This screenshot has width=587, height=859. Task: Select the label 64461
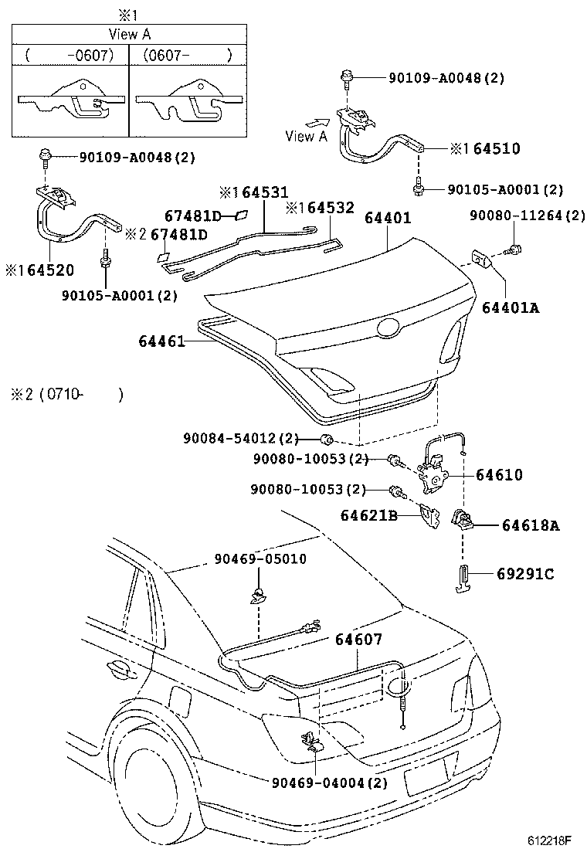163,341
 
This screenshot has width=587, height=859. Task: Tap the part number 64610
499,475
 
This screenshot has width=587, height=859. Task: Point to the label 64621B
368,515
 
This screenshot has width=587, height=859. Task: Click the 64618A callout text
531,526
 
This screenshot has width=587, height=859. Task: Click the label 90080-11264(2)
528,216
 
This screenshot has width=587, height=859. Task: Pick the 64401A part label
510,308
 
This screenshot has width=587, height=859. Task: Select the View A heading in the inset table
129,34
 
